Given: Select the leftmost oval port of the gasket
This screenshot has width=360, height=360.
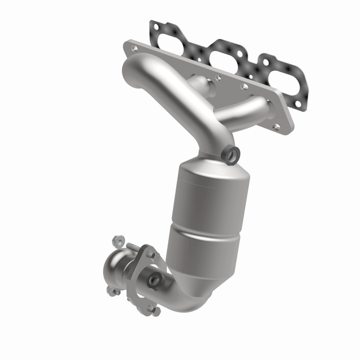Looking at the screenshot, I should point(170,37).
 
